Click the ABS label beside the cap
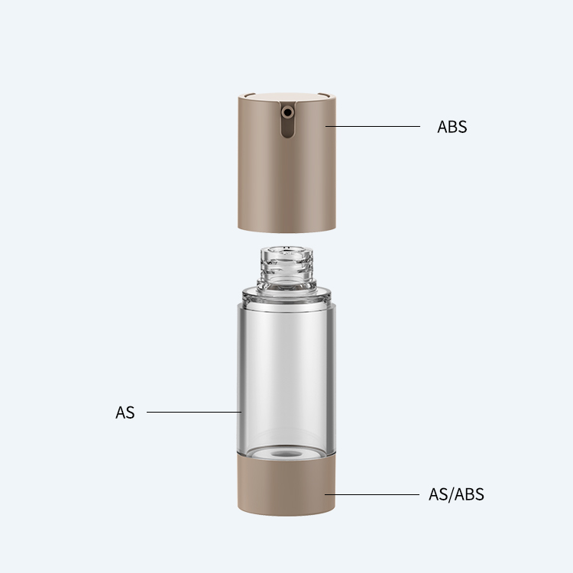(452, 127)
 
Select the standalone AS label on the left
(125, 413)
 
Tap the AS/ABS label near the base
(456, 494)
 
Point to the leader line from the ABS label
(373, 126)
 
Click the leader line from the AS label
(194, 413)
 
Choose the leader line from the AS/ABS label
(372, 495)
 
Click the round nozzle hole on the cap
(287, 112)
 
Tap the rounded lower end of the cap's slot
(287, 134)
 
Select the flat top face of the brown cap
(287, 98)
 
